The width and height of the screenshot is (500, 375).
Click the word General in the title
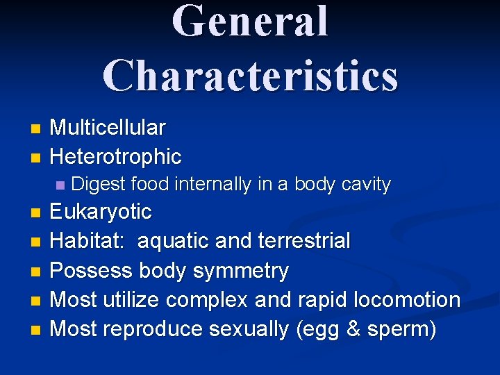tap(250, 22)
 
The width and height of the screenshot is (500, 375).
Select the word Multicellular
tap(108, 128)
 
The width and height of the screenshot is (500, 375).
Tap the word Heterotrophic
tap(116, 157)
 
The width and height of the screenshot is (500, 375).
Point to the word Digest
tap(98, 185)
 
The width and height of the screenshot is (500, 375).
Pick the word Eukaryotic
tap(101, 211)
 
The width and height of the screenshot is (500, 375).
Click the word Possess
tap(90, 270)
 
